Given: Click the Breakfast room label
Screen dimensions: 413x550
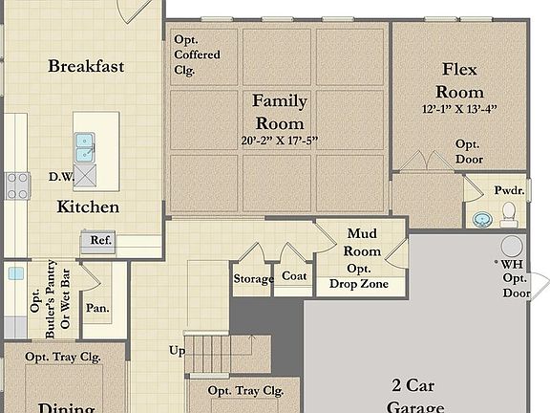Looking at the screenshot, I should pyautogui.click(x=87, y=66).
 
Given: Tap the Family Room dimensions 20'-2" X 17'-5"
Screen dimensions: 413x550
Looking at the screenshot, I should pyautogui.click(x=279, y=141).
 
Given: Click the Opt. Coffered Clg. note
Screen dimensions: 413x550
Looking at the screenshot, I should pyautogui.click(x=197, y=54).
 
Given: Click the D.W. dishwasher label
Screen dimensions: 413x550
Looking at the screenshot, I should pyautogui.click(x=61, y=176).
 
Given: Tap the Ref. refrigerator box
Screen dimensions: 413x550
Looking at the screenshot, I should pyautogui.click(x=100, y=241).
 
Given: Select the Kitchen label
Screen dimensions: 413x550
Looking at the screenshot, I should pyautogui.click(x=88, y=206).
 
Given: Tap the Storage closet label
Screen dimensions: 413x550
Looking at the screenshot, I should pyautogui.click(x=254, y=279).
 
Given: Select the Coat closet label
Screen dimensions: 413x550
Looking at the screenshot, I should pyautogui.click(x=293, y=275).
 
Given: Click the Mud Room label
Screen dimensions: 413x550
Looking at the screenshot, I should pyautogui.click(x=363, y=242).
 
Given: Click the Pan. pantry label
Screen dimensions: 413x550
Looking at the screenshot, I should pyautogui.click(x=96, y=308).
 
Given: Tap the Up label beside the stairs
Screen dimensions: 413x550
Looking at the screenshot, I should pyautogui.click(x=178, y=351).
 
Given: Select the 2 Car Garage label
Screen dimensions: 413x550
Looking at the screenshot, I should pyautogui.click(x=417, y=395).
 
